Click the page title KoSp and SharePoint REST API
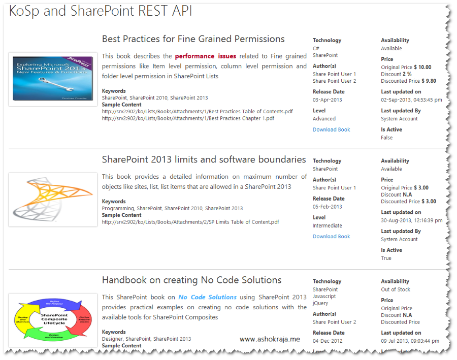click(101, 11)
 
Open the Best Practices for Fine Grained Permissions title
click(193, 39)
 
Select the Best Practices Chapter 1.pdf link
click(188, 118)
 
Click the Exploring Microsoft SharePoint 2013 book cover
click(53, 78)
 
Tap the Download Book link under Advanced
click(331, 129)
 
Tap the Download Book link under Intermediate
click(331, 236)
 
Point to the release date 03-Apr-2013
click(327, 100)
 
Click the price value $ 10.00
click(422, 67)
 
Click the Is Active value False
click(386, 138)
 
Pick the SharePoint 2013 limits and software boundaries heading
click(204, 159)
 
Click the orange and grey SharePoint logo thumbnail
click(53, 200)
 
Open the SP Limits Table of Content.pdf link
click(190, 222)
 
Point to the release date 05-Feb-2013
click(327, 207)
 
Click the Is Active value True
click(386, 258)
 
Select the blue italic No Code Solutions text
click(207, 297)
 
